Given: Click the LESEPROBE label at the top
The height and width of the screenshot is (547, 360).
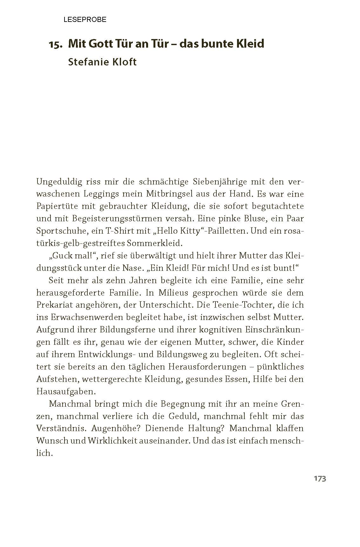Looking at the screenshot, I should point(85,20).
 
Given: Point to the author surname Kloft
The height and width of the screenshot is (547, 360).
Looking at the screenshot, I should point(122,62).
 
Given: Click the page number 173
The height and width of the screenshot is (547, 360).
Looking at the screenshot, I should point(320,479).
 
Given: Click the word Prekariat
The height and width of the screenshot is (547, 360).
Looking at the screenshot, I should point(55,305).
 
